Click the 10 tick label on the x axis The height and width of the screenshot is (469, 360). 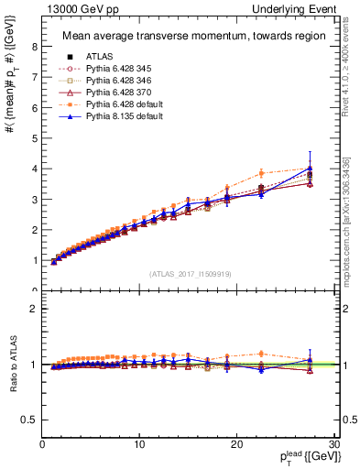pyautogui.click(x=139, y=444)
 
